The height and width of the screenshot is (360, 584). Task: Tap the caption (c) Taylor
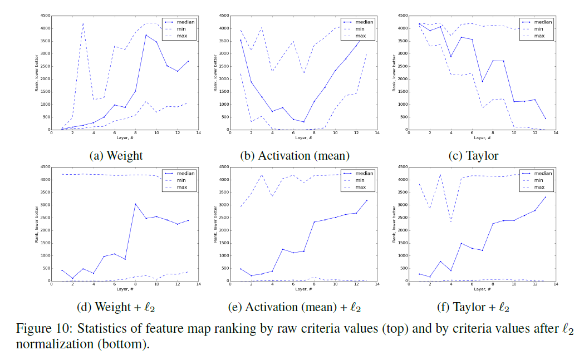click(473, 156)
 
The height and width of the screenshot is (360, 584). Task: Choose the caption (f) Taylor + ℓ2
click(473, 307)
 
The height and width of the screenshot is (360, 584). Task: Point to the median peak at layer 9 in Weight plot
click(146, 35)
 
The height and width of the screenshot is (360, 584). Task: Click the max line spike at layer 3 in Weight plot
click(83, 23)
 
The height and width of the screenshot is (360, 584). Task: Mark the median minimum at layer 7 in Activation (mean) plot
click(303, 122)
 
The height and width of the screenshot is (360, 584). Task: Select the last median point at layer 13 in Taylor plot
click(544, 119)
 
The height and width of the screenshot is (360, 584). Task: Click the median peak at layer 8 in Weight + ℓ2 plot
click(135, 204)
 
